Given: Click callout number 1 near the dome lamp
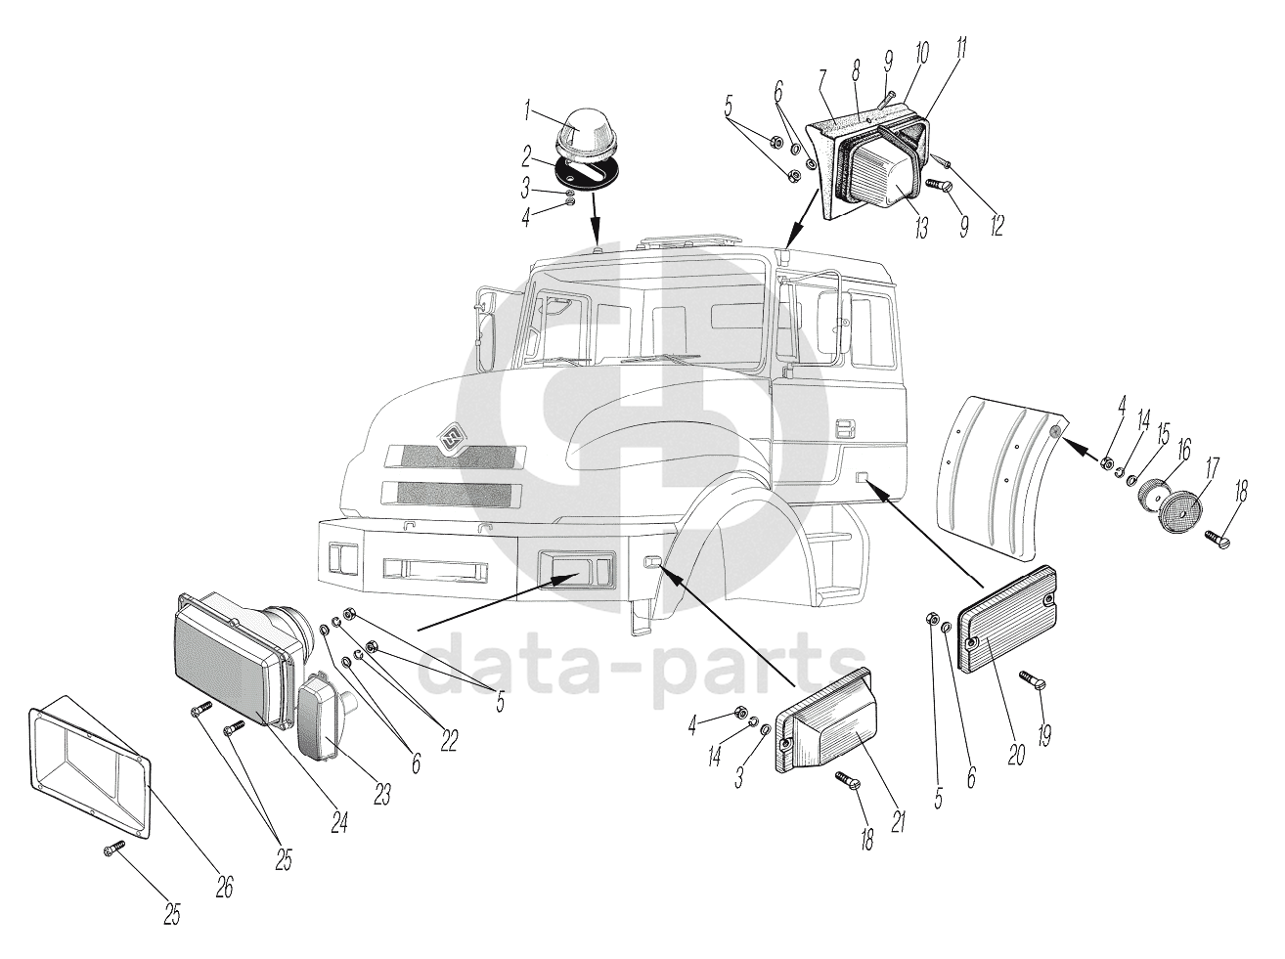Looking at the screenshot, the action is coord(527,110).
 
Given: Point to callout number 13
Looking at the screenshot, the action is coord(921,227).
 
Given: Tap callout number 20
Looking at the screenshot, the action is coord(1016,753).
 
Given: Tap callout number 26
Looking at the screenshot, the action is coord(225,887).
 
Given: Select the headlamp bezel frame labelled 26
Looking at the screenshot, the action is coord(90,775).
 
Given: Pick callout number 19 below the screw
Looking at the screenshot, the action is coord(1045,733).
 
